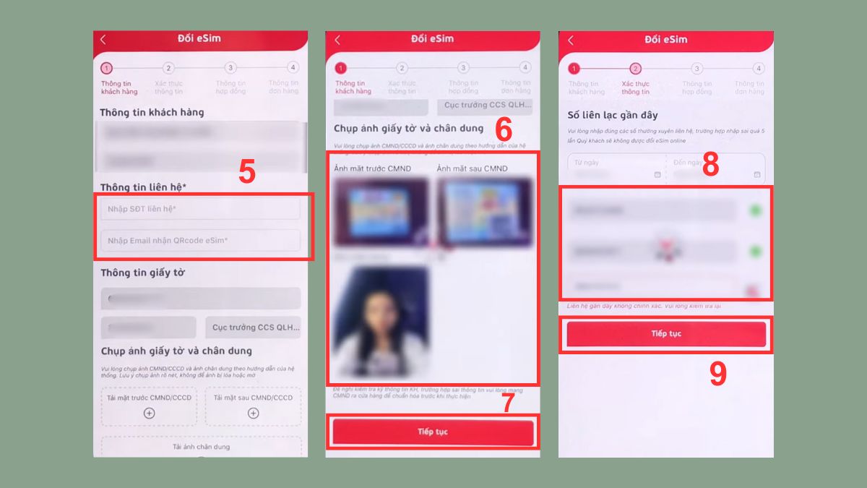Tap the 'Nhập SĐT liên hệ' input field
pos(200,209)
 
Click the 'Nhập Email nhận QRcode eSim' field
pos(200,240)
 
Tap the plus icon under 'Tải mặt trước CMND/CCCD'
pos(149,413)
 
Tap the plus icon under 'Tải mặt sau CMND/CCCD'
pos(253,413)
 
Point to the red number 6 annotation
pos(504,130)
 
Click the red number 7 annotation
pos(508,402)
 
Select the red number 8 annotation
pos(710,165)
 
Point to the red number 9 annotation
pos(717,374)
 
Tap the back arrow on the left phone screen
pos(103,40)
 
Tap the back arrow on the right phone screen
pos(571,40)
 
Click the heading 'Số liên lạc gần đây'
pos(611,115)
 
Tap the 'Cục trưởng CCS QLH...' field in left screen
pos(253,328)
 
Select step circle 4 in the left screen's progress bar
pos(292,68)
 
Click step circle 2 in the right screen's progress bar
pos(635,69)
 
